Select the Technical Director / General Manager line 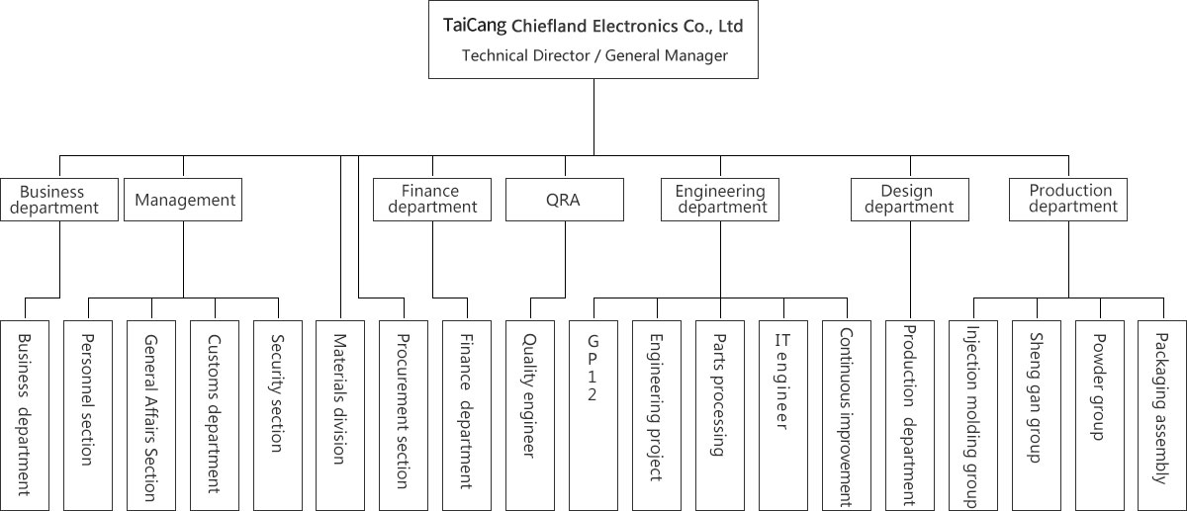click(x=594, y=55)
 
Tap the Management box click(x=185, y=200)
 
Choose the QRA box click(x=564, y=200)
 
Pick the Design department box click(x=909, y=200)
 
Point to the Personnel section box click(x=88, y=415)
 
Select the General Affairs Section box click(x=151, y=415)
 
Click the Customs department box click(x=215, y=415)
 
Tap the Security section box click(x=278, y=415)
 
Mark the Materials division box click(x=340, y=415)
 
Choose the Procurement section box click(x=404, y=415)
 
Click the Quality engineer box click(x=530, y=415)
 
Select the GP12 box click(x=593, y=415)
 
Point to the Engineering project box click(x=657, y=415)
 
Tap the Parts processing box click(x=720, y=415)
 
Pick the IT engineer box click(x=783, y=415)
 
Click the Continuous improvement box click(x=847, y=415)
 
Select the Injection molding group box click(x=973, y=415)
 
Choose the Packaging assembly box click(x=1161, y=415)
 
